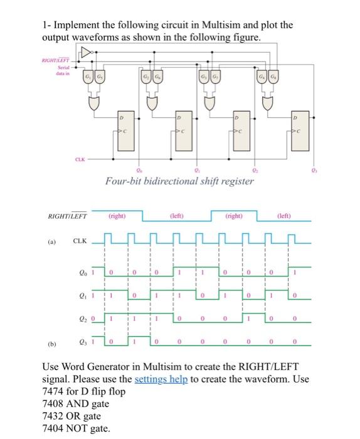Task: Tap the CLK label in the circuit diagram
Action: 80,159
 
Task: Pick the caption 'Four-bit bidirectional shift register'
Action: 179,181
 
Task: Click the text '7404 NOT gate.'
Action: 75,428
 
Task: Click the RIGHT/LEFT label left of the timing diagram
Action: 67,217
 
